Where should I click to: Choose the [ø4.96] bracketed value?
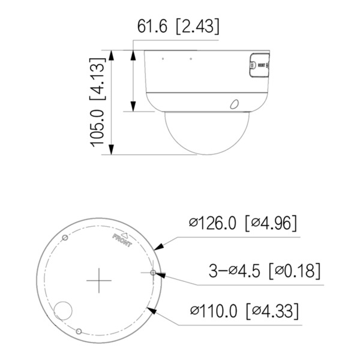pos(271,223)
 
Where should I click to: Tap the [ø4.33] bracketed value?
pos(273,312)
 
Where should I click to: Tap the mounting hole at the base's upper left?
pos(65,239)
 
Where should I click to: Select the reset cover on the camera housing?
pos(258,67)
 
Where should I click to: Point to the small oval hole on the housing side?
pos(234,104)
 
